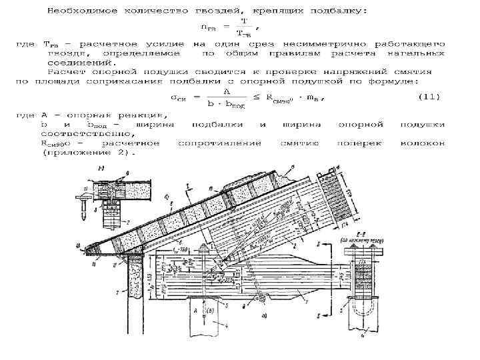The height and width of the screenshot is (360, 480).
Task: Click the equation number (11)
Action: click(x=429, y=97)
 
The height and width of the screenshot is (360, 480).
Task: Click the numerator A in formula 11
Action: click(x=227, y=91)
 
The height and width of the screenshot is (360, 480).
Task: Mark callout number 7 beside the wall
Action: click(x=117, y=291)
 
